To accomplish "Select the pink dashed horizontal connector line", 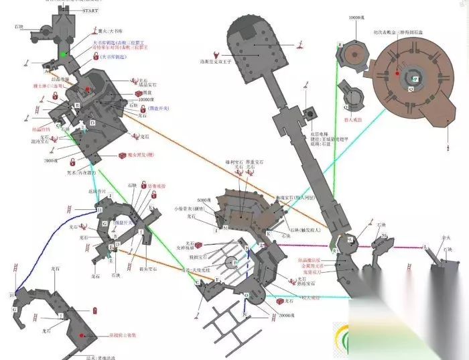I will (x=315, y=245).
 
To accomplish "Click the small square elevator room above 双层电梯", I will (x=310, y=113).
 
